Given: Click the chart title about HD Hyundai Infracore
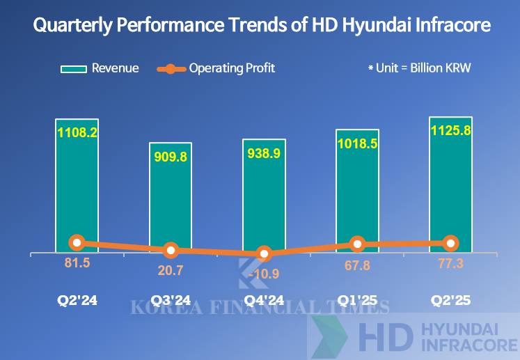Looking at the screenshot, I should pos(262,26).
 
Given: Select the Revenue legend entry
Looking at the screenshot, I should pos(100,68).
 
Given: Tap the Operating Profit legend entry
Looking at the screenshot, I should pos(216,68).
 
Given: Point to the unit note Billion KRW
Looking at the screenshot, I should pos(424,68).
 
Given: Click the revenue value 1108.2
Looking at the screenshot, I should pos(77,132).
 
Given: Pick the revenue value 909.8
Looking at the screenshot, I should pos(171,157).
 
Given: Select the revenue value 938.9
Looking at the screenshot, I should pos(263,152).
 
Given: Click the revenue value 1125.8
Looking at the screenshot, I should pos(450,130).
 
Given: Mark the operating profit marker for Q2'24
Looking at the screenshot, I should pos(77,242).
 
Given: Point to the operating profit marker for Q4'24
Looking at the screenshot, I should pos(263,254).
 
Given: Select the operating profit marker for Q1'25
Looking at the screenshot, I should pos(357,244).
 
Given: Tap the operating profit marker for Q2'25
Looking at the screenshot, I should pos(450,243).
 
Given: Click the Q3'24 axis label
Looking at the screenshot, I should pos(171,302).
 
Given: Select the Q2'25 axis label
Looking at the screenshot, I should pos(450,302).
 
